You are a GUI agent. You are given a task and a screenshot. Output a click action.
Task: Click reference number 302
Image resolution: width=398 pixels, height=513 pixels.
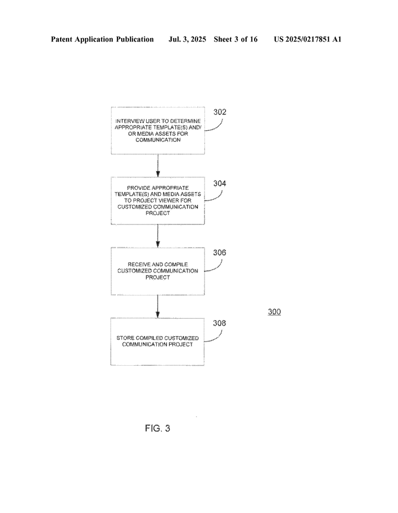click(x=220, y=112)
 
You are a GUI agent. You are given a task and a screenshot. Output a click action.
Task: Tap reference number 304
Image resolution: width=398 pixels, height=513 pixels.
click(x=220, y=183)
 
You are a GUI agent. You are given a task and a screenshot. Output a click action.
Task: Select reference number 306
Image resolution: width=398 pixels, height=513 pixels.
click(x=219, y=252)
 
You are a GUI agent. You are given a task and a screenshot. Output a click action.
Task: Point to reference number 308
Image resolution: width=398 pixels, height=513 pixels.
click(x=219, y=323)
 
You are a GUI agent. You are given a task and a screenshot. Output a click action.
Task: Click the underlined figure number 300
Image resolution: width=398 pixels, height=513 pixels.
click(x=274, y=312)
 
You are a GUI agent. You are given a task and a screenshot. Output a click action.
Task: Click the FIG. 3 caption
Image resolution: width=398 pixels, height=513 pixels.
click(x=157, y=428)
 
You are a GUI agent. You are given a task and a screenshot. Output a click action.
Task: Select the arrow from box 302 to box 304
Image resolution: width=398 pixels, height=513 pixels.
click(x=158, y=165)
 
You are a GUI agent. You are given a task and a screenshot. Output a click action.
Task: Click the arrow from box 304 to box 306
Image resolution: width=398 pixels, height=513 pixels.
click(x=158, y=236)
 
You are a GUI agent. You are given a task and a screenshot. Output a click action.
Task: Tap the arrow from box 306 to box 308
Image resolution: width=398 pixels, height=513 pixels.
click(x=157, y=307)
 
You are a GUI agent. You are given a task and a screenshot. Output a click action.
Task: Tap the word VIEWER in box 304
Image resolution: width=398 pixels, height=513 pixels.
click(x=167, y=200)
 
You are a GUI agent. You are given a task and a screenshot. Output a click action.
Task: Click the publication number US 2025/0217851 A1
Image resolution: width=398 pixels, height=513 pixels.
click(x=308, y=39)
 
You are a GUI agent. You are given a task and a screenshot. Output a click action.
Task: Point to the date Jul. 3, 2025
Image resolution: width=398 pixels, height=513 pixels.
click(x=187, y=39)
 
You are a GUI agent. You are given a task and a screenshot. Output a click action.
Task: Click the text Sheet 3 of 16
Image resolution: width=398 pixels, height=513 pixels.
click(x=236, y=39)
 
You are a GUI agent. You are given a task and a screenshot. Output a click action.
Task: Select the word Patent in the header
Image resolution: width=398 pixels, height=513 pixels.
click(x=62, y=39)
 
